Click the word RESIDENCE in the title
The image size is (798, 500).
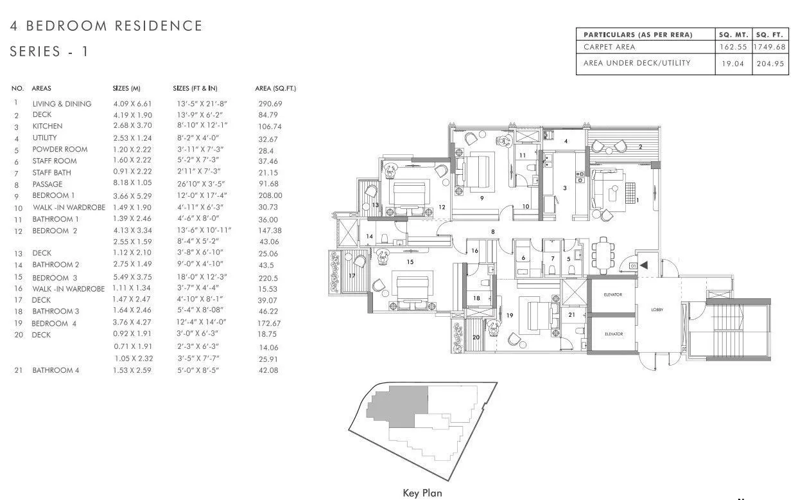[x=158, y=26]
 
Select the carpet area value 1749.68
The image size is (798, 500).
[x=770, y=47]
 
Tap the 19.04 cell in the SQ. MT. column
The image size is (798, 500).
[x=733, y=64]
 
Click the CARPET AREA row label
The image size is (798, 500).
[x=609, y=47]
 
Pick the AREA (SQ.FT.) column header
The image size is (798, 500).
[x=275, y=88]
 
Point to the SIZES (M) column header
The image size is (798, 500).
[x=126, y=88]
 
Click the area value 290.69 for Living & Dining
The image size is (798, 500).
[x=270, y=103]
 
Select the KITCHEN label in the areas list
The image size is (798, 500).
[x=48, y=127]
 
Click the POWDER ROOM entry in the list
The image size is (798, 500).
[x=60, y=149]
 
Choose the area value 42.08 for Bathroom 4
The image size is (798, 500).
[x=268, y=370]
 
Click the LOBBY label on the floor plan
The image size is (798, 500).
[x=657, y=309]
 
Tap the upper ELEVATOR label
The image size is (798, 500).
[x=614, y=294]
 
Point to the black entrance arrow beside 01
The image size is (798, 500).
[x=643, y=264]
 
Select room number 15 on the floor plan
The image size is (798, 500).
[x=410, y=262]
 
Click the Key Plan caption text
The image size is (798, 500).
[x=422, y=493]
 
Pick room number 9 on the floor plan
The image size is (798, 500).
[x=481, y=198]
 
